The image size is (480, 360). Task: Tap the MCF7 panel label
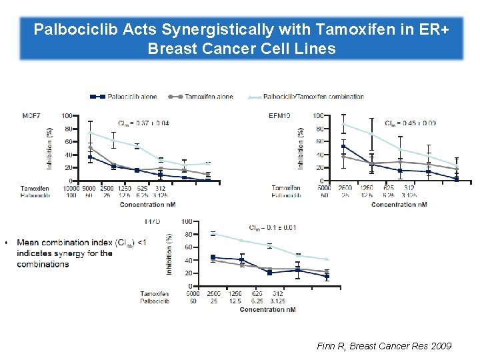pos(31,115)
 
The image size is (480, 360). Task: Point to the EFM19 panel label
pos(279,115)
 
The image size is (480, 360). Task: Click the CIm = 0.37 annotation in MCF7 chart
pos(143,123)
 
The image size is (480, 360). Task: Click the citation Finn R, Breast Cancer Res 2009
pos(384,346)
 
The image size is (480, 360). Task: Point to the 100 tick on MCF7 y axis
pos(67,116)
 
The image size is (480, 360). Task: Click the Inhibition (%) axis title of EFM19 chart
pos(301,149)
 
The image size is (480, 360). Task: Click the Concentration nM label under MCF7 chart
pos(147,204)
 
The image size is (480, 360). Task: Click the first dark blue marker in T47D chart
pos(213,257)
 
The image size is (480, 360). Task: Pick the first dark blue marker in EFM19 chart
pos(343,147)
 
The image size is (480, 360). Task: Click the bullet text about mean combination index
pos(80,253)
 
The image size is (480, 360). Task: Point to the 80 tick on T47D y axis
pos(188,234)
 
